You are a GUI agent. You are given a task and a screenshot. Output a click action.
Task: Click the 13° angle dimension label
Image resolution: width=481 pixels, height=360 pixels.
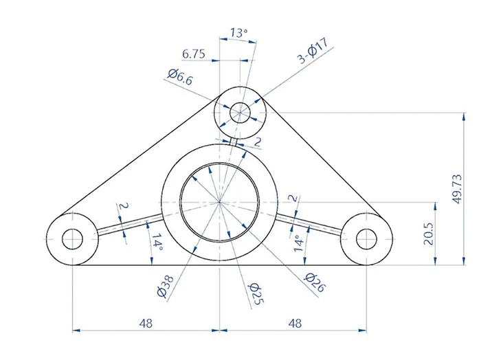(x=239, y=32)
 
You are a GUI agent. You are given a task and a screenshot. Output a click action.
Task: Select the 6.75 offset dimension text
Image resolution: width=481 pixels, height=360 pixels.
(x=194, y=54)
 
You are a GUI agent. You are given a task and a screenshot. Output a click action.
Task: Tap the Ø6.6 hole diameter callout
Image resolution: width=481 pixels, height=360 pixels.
(x=180, y=77)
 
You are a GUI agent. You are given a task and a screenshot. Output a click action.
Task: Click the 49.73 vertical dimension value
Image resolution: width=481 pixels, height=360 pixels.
(x=457, y=189)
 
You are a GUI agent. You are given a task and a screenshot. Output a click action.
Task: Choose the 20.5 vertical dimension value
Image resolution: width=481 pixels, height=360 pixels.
(x=429, y=234)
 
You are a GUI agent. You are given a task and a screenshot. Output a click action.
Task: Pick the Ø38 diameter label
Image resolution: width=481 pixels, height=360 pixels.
(x=166, y=286)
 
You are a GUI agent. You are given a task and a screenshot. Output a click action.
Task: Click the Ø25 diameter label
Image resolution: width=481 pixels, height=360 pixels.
(x=256, y=294)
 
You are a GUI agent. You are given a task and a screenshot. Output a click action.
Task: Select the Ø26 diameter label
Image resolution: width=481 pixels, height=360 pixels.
(x=315, y=282)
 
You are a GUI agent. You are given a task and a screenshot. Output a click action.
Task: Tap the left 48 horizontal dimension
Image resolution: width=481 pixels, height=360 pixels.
(x=146, y=323)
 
